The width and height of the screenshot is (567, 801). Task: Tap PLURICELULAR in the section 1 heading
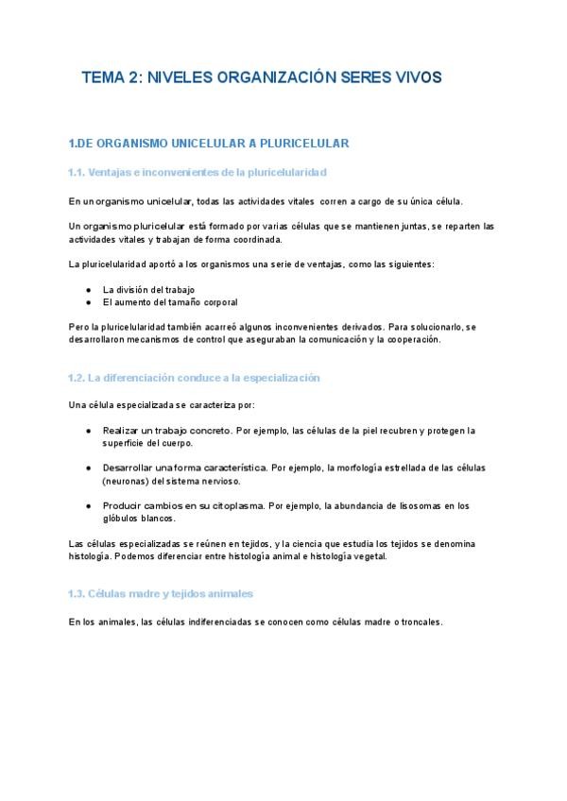(307, 144)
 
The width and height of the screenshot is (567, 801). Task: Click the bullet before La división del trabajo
(88, 289)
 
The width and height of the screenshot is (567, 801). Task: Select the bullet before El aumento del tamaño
(88, 302)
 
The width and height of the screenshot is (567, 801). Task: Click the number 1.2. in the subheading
(77, 378)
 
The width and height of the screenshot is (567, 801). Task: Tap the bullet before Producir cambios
(88, 505)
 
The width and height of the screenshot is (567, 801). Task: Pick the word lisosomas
(416, 505)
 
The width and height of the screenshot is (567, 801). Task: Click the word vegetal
(366, 556)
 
